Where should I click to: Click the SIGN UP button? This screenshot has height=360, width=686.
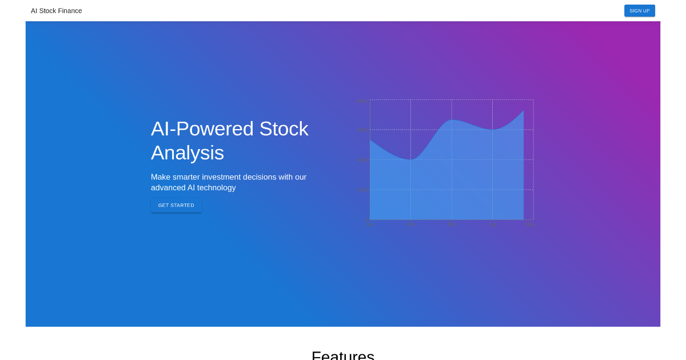[x=639, y=11]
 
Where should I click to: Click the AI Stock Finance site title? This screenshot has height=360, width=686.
[x=56, y=11]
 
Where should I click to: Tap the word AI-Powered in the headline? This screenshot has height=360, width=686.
[x=202, y=129]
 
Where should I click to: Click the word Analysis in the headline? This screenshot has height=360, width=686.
[x=187, y=153]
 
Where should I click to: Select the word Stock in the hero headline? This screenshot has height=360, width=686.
[x=284, y=129]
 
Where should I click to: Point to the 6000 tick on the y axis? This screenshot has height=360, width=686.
[x=361, y=101]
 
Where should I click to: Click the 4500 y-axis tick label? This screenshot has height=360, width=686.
[x=361, y=130]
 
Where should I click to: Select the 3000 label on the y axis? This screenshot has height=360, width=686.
[x=361, y=160]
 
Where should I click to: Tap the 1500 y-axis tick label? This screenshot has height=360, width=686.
[x=361, y=190]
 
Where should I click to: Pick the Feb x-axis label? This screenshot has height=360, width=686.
[x=411, y=225]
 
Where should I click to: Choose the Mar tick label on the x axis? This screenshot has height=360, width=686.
[x=452, y=225]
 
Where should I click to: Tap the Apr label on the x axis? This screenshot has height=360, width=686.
[x=492, y=225]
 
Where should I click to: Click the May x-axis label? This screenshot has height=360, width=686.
[x=529, y=225]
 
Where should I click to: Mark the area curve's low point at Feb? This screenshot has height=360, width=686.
[x=410, y=159]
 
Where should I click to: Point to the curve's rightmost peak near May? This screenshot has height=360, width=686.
[x=523, y=111]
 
